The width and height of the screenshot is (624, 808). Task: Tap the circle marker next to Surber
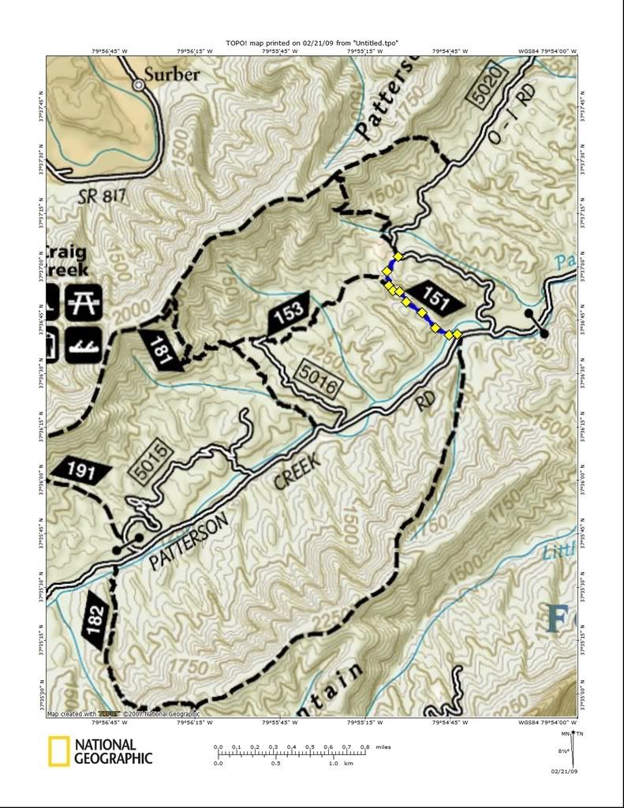pyautogui.click(x=139, y=84)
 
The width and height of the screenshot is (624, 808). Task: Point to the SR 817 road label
pyautogui.click(x=103, y=197)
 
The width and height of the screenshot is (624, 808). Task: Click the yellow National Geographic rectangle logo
pyautogui.click(x=58, y=751)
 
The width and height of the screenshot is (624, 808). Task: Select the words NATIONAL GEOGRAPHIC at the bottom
pyautogui.click(x=113, y=751)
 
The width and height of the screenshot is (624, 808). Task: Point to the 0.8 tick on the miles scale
pyautogui.click(x=364, y=746)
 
